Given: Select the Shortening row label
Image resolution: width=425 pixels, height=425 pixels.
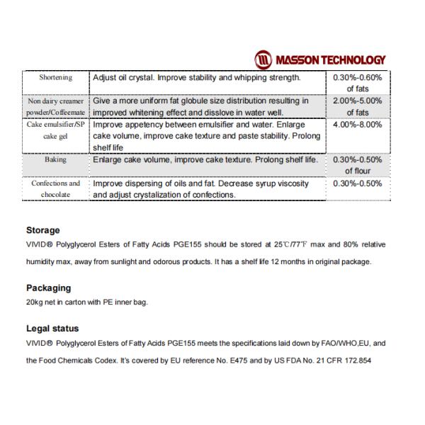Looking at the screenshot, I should pos(53,77).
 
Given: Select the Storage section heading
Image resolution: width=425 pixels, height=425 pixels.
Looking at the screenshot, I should pos(42,230).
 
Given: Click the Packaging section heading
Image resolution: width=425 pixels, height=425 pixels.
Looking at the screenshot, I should pos(48,288).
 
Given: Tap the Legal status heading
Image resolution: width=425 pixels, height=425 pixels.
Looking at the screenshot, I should pos(52,329).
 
